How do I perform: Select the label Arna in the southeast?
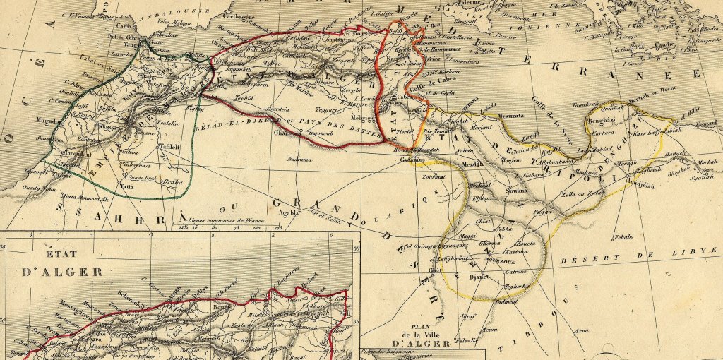click(580, 330)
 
